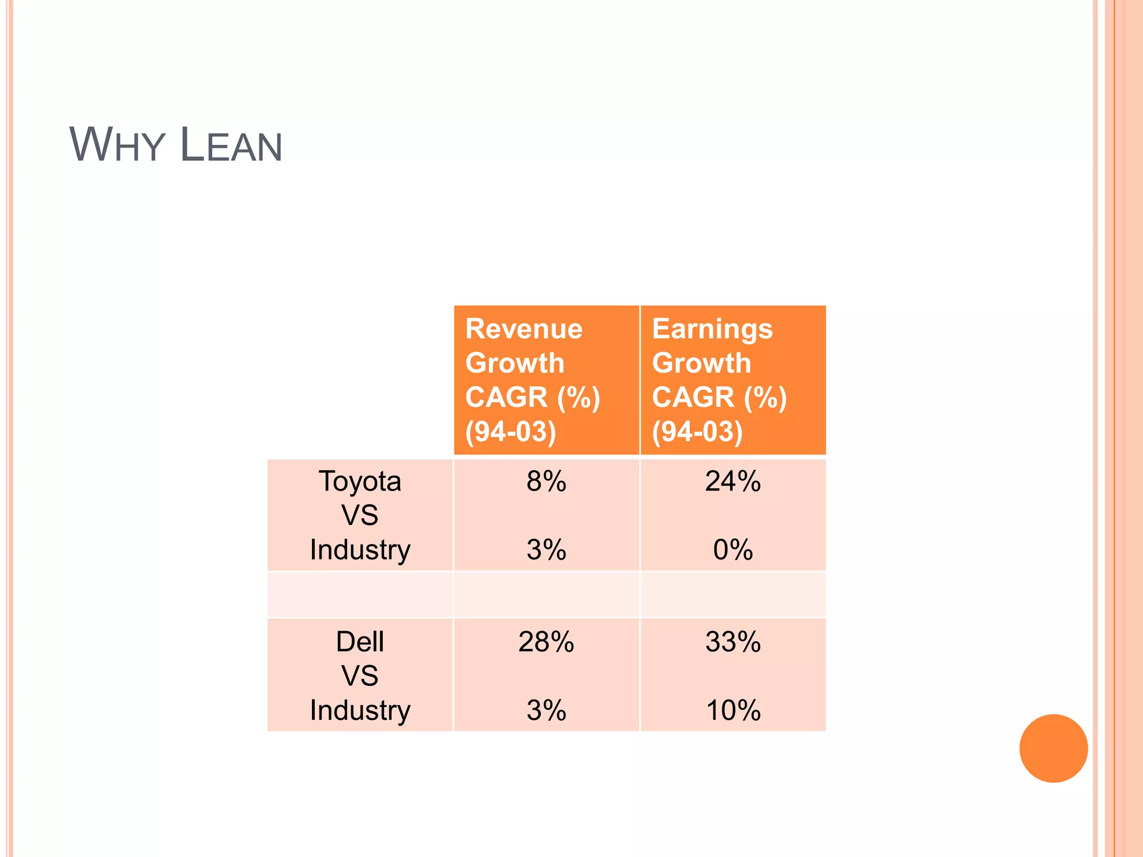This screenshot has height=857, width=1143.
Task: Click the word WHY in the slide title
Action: (117, 145)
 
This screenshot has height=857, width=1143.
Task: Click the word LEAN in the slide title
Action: (231, 145)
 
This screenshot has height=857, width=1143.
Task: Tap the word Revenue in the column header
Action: (524, 329)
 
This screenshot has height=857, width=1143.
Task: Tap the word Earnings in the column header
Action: (712, 329)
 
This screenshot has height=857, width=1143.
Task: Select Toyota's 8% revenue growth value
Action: (546, 481)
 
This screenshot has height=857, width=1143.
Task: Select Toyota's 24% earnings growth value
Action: (732, 481)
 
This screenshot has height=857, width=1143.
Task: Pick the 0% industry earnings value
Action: (732, 550)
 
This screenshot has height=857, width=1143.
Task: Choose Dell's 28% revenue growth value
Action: (546, 642)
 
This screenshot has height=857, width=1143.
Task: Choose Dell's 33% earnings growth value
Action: (732, 642)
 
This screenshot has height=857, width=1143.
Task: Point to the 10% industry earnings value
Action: (732, 710)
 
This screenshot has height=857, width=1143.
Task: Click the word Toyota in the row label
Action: (360, 481)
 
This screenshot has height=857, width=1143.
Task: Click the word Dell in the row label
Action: (360, 642)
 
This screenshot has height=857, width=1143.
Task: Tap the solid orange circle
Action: (1053, 748)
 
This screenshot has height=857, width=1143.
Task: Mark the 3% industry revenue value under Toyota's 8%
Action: (546, 550)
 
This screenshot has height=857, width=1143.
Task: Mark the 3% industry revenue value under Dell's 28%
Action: (546, 710)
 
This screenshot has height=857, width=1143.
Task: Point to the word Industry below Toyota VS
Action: (360, 550)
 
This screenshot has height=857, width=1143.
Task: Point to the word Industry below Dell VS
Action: (360, 710)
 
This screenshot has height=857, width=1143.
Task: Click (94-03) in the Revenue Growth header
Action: (511, 431)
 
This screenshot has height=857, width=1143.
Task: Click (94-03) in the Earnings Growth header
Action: (697, 431)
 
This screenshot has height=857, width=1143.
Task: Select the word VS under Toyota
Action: (360, 515)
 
